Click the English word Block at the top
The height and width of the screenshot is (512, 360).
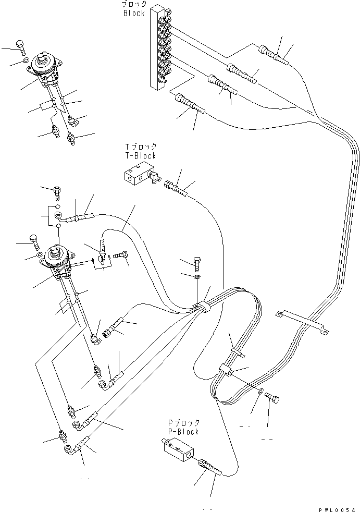(134, 13)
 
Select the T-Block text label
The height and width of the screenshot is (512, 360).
(140, 155)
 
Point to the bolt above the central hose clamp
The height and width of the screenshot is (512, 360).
(198, 263)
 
